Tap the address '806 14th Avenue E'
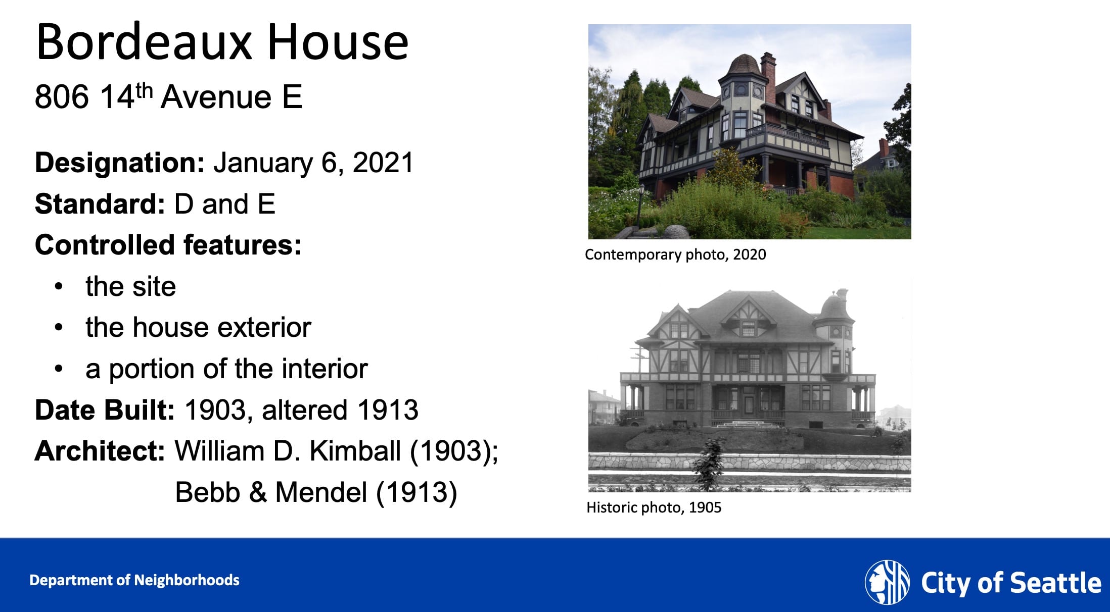click(168, 96)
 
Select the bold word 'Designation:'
click(120, 163)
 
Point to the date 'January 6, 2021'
click(313, 163)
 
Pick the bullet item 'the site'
click(131, 286)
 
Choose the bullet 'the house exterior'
click(198, 327)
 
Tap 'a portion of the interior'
click(226, 369)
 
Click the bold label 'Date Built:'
click(105, 410)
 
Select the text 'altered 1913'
click(340, 410)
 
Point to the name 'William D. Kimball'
click(288, 451)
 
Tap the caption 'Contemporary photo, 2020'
click(675, 254)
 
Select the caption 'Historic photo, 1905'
click(654, 507)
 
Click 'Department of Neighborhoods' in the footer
click(134, 580)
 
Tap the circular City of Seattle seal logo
click(887, 582)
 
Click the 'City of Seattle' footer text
click(1011, 583)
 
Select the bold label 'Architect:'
click(100, 451)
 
